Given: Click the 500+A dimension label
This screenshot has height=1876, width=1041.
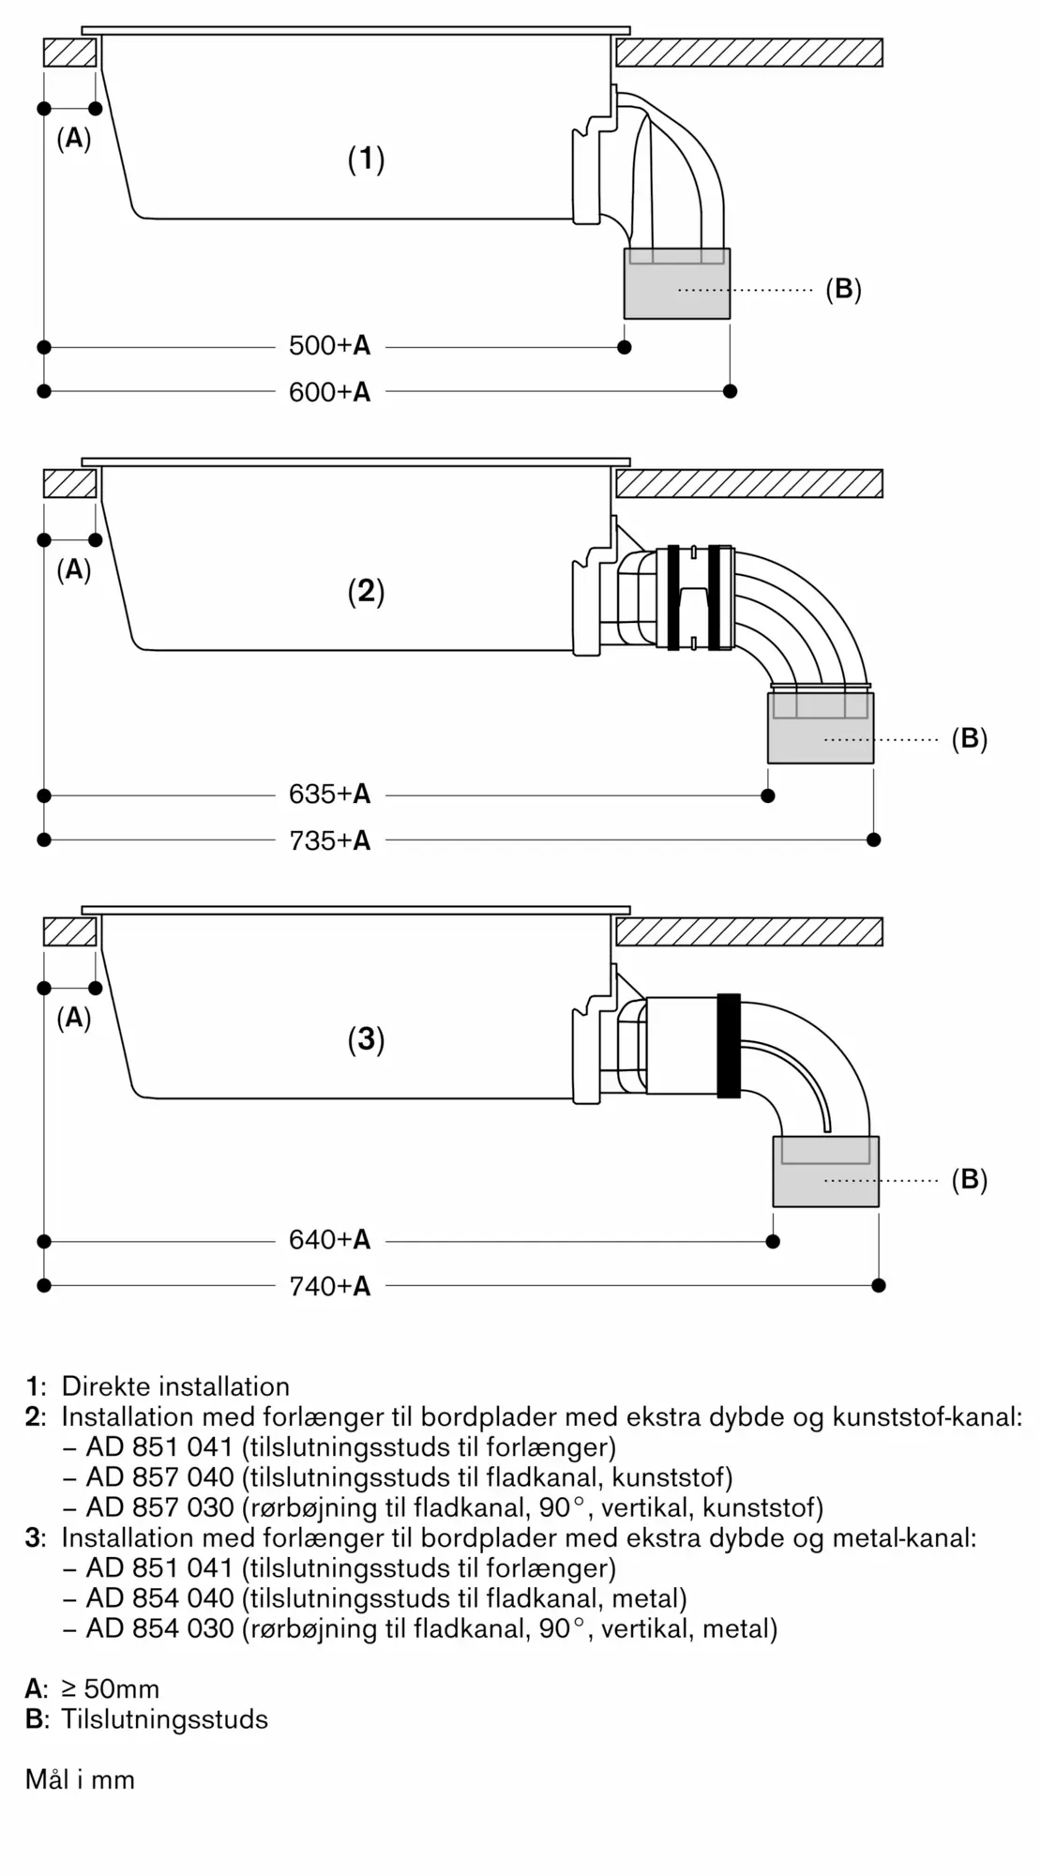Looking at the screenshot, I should (329, 346).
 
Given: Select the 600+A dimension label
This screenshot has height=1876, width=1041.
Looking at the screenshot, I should (329, 392).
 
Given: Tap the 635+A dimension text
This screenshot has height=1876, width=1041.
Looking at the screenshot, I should (329, 794).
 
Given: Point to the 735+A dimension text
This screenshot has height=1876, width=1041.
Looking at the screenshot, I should (329, 840).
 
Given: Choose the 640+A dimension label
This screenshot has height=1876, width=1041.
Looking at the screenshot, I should (329, 1240).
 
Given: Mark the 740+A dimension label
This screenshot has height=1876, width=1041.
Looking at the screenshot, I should (329, 1286).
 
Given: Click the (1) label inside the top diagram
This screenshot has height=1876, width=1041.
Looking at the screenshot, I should (367, 159).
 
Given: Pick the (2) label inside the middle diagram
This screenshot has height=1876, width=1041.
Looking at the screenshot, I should (367, 591).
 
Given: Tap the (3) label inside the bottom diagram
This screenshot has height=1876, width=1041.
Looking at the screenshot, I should (367, 1039).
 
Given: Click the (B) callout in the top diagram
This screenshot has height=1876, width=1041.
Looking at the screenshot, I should (843, 289).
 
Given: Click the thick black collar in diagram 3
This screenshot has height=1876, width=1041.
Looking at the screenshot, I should (729, 1045).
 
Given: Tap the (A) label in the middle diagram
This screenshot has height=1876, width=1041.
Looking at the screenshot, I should (74, 569).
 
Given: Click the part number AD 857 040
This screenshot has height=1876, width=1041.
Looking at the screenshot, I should (160, 1477).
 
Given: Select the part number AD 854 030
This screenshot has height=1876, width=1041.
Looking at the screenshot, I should (160, 1628).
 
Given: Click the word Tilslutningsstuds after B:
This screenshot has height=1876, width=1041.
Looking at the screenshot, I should (165, 1719).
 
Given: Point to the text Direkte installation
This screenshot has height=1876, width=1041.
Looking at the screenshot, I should (175, 1386).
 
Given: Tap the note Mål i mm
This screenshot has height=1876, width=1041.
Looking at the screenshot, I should (80, 1779).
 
